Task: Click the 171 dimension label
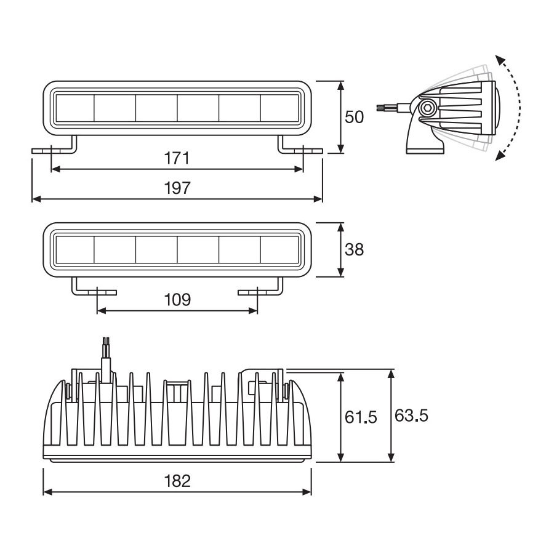point(177,159)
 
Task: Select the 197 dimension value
point(177,188)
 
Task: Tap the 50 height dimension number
point(355,117)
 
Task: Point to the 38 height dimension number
point(355,249)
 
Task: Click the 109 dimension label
point(177,300)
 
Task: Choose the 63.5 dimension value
point(411,416)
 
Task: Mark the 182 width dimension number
point(177,480)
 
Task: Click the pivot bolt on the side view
point(427,109)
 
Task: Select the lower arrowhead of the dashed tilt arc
point(499,156)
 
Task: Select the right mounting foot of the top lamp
point(300,148)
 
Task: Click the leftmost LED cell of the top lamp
point(74,108)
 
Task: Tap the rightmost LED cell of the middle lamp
point(281,250)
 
